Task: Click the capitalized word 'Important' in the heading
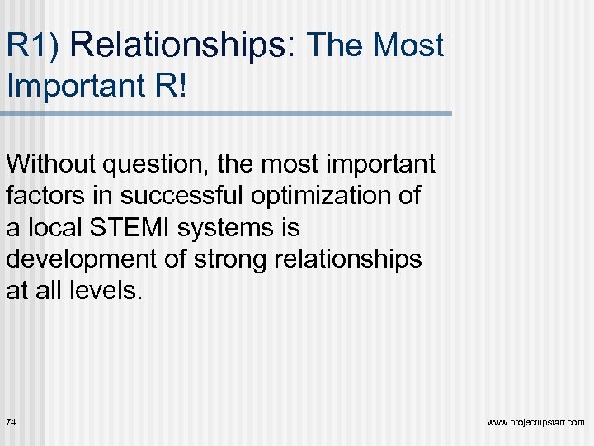click(72, 86)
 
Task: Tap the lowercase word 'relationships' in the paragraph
click(351, 259)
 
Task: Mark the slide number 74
click(12, 422)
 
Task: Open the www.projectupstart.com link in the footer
click(535, 423)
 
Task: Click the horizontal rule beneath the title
click(226, 113)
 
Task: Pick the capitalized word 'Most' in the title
click(408, 46)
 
